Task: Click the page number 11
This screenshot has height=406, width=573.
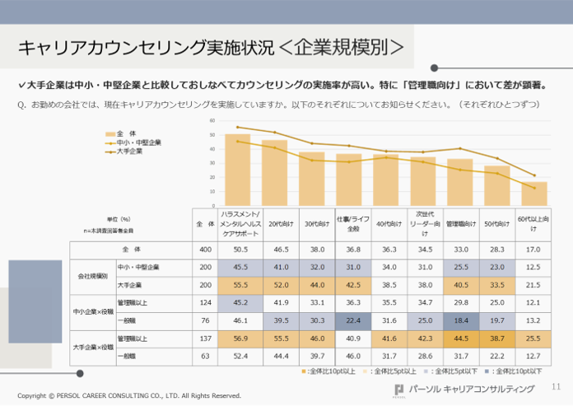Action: point(556,387)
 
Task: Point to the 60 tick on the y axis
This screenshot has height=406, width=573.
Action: point(212,120)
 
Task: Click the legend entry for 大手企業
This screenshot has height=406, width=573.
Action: point(130,152)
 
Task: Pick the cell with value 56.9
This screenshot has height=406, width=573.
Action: point(241,338)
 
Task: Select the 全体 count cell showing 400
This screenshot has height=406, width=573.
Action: point(204,249)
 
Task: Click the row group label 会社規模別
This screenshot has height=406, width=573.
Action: point(92,276)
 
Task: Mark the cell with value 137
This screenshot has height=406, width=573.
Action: point(204,338)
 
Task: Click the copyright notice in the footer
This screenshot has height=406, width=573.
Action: point(129,395)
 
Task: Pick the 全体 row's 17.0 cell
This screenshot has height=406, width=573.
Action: point(533,249)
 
